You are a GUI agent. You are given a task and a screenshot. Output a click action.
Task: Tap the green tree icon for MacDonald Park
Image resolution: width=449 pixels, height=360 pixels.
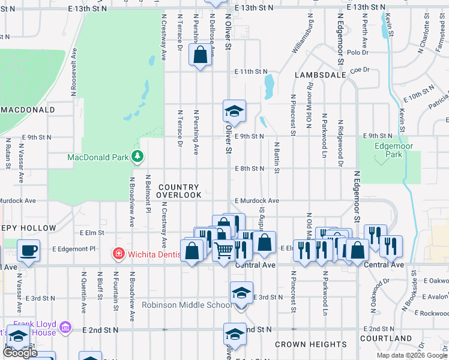point(138,157)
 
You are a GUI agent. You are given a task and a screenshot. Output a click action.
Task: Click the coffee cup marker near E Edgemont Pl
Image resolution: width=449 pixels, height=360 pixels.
point(28,249)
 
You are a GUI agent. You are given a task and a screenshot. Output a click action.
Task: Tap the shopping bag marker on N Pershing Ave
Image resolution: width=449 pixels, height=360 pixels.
point(200,55)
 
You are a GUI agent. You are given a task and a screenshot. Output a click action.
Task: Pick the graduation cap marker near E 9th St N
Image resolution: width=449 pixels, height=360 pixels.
point(234,110)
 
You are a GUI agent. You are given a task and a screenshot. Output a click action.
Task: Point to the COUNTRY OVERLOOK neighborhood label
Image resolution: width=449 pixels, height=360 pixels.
point(179,191)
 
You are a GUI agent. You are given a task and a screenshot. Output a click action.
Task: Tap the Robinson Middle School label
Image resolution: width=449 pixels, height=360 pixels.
point(186,305)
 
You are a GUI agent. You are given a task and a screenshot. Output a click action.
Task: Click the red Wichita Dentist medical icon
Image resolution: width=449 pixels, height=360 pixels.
point(119,254)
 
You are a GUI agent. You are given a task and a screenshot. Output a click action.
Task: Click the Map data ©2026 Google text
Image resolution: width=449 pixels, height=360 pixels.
point(412,355)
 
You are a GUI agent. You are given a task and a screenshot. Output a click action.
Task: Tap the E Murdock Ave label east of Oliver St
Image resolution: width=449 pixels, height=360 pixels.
point(257,200)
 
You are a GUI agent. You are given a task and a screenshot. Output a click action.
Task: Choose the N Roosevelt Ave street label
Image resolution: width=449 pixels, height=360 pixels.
point(74,72)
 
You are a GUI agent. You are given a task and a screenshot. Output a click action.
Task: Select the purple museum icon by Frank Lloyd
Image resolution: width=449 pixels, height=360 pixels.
point(66,328)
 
